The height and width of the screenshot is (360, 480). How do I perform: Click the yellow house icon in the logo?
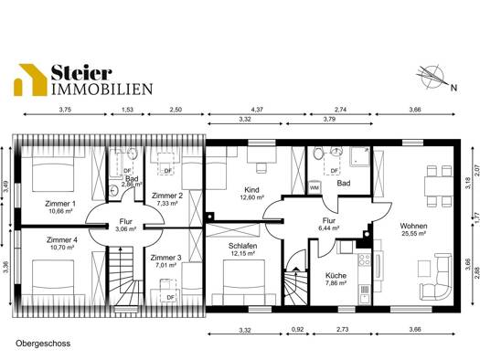tap(30, 80)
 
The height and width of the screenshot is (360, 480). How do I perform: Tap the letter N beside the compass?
tap(453, 88)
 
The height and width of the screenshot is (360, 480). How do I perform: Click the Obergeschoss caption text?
tap(43, 344)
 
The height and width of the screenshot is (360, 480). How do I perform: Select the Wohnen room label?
tap(413, 226)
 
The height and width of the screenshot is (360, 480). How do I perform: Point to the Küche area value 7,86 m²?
tap(336, 283)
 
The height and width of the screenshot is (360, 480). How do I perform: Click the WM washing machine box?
tap(315, 187)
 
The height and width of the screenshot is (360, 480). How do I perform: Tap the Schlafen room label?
tap(243, 246)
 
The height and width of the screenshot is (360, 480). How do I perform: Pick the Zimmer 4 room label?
tap(62, 239)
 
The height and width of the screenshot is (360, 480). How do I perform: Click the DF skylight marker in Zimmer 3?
tap(170, 297)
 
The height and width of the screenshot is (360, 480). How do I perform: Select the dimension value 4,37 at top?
tap(257, 110)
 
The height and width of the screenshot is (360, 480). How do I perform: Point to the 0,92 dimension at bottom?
tap(297, 330)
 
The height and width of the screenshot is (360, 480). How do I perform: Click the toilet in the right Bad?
tap(318, 154)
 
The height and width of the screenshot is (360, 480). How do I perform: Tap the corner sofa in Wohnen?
tap(436, 277)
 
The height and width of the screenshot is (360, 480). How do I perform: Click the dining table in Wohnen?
tap(439, 186)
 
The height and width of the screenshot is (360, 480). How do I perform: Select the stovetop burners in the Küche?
tap(365, 259)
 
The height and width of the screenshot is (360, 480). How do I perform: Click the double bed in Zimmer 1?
tap(53, 173)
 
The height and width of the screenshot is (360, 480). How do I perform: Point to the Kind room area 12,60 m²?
tap(252, 197)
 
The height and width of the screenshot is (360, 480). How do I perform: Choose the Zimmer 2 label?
tap(167, 196)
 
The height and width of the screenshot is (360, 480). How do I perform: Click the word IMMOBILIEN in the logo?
tap(101, 89)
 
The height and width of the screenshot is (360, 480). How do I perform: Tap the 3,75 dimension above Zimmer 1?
tap(65, 110)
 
